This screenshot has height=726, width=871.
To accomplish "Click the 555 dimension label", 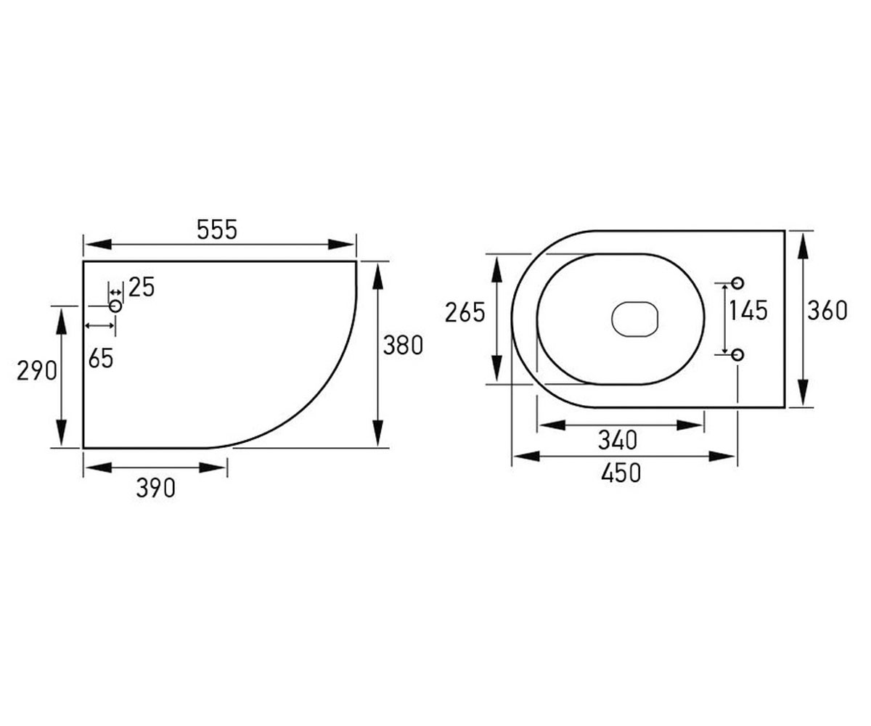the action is coord(217,230).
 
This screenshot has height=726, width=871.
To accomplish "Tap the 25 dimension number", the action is coord(142,287).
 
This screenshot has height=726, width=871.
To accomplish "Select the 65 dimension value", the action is coord(101,359).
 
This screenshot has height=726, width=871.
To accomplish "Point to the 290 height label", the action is coord(37,371).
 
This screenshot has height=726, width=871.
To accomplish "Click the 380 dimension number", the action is coord(403,346).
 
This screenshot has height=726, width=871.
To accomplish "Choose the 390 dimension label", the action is coord(155,488).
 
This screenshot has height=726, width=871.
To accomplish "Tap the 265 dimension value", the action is coord(465,312).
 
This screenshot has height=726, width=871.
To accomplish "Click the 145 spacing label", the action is coord(748,311).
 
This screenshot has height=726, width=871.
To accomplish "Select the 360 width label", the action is coord(827,311).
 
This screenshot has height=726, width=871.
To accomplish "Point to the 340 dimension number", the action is coord(618,440).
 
